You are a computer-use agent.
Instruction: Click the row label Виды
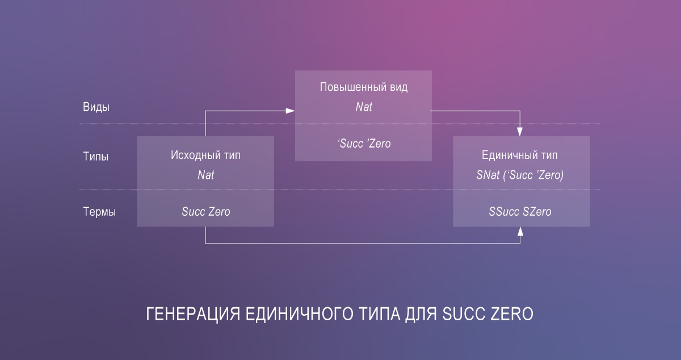pos(96,107)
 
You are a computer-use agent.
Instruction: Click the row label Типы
pos(96,157)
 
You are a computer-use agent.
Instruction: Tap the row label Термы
pos(99,212)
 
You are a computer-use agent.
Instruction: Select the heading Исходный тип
pos(205,156)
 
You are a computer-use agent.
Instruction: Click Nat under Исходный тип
pos(205,175)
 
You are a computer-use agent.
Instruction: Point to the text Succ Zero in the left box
pos(205,212)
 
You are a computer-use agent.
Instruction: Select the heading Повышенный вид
pos(363,87)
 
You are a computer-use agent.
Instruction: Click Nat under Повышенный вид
pos(363,106)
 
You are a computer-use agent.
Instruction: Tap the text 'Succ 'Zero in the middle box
pos(363,144)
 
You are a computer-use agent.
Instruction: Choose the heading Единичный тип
pos(519,156)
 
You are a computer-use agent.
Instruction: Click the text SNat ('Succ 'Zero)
pos(519,175)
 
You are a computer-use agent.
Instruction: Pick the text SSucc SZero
pos(520,212)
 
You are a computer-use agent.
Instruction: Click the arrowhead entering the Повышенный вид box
pos(291,111)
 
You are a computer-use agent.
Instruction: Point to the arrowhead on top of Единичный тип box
pos(520,132)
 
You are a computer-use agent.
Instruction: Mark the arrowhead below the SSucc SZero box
pos(520,231)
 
